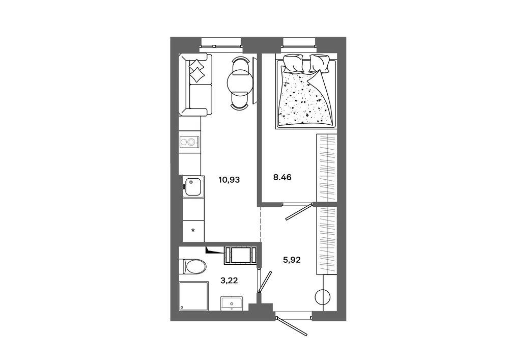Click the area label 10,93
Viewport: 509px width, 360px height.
[229, 180]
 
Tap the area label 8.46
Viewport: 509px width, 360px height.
[282, 177]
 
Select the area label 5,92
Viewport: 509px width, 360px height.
[292, 260]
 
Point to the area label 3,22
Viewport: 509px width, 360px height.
[229, 281]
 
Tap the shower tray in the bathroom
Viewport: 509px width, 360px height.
[194, 295]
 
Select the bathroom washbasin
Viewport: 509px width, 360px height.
[232, 303]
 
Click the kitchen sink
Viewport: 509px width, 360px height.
[193, 187]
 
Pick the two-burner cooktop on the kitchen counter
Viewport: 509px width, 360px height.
[189, 142]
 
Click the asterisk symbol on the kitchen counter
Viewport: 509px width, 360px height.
[193, 231]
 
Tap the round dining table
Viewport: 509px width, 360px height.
[240, 82]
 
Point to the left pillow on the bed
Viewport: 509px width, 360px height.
[293, 63]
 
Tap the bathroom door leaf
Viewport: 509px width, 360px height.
[265, 281]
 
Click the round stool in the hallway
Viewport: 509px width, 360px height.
[322, 297]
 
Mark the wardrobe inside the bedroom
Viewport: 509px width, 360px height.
[327, 169]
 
